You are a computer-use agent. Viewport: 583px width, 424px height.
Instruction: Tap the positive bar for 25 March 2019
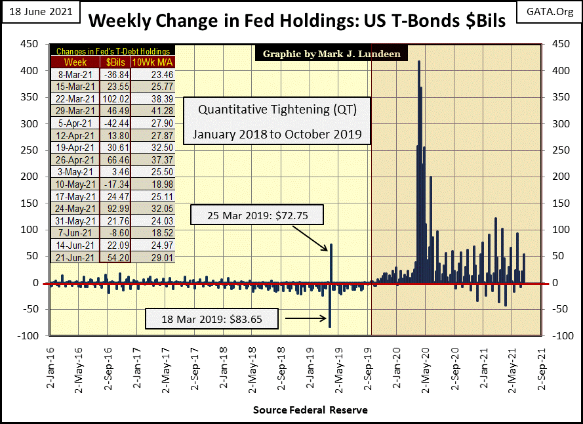(x=331, y=263)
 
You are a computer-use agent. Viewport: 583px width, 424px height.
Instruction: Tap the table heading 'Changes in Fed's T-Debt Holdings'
(x=113, y=51)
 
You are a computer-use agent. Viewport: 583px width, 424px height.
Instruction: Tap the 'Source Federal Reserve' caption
(x=310, y=410)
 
